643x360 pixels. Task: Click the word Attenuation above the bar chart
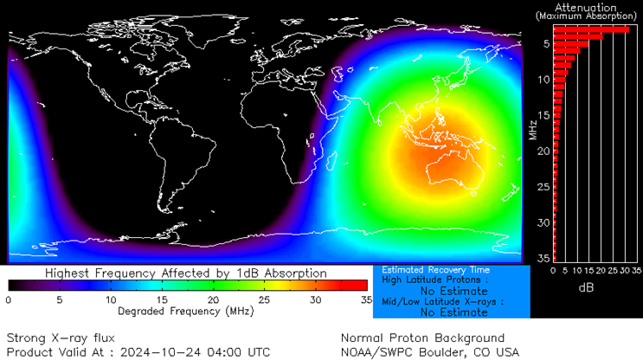(588, 7)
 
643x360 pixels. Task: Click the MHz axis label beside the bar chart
(533, 130)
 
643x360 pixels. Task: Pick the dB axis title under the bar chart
(585, 286)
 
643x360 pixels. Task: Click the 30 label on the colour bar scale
(314, 299)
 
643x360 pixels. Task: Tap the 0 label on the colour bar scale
(8, 299)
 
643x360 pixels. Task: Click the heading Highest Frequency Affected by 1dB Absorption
(186, 273)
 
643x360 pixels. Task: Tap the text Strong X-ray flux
(60, 337)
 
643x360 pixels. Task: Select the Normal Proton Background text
(422, 337)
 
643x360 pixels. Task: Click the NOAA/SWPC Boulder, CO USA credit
(430, 351)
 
